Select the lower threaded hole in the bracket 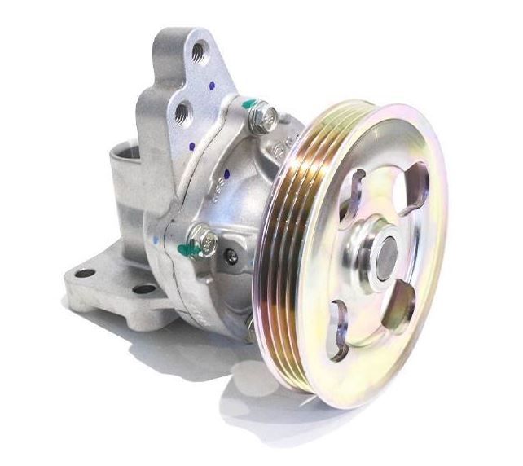[x=183, y=112]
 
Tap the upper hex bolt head [x=263, y=119]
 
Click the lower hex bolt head [x=204, y=240]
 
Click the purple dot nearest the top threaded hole [x=211, y=84]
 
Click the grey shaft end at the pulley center [x=386, y=253]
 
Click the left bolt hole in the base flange [x=84, y=273]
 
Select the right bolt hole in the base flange [x=144, y=289]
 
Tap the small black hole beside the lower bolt [x=232, y=257]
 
